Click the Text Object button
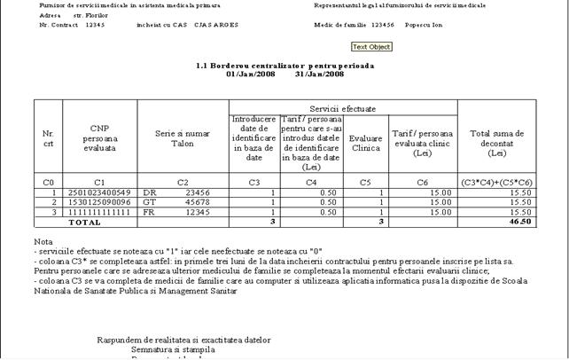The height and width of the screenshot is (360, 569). (x=371, y=47)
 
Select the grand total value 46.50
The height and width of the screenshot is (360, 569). (x=520, y=222)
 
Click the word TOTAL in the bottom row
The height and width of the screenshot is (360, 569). (x=74, y=222)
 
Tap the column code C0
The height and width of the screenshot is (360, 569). (x=48, y=182)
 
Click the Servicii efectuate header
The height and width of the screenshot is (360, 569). (x=343, y=107)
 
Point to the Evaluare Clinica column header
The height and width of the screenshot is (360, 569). (x=366, y=143)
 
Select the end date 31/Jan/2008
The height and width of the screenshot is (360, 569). (x=320, y=74)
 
